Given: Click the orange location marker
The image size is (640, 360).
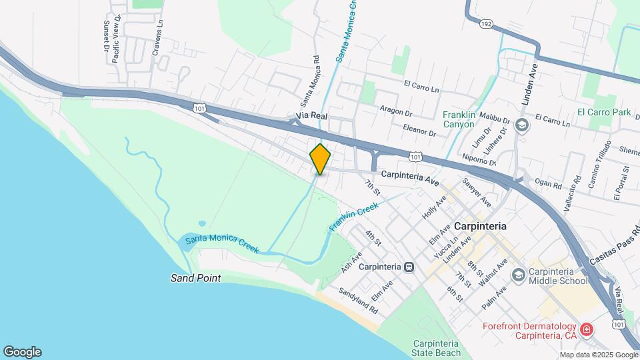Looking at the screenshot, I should click(x=320, y=159).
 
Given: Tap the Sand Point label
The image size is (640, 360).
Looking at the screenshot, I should click(x=195, y=278).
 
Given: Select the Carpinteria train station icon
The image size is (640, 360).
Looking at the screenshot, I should click(x=408, y=267).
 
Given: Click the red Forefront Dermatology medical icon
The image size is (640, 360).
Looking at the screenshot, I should click(x=586, y=329).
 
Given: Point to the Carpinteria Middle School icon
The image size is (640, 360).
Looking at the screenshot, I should click(x=518, y=275).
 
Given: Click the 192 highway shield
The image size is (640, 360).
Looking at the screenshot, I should click(x=487, y=24).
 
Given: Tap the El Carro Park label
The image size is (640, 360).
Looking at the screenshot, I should click(x=604, y=112).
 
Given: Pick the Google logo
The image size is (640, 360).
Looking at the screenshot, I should click(x=22, y=351).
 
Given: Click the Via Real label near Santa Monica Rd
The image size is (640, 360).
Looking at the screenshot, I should click(x=311, y=117).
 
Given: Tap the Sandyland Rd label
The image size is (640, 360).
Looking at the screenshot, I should click(x=359, y=301).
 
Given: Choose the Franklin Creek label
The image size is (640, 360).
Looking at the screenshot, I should click(x=353, y=219).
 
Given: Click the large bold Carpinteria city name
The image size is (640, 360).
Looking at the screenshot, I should click(x=479, y=226).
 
